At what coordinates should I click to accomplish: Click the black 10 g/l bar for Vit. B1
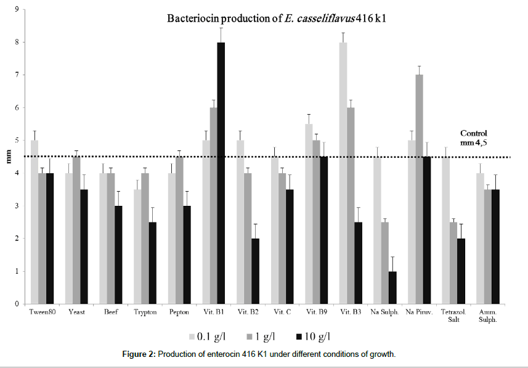click(x=220, y=173)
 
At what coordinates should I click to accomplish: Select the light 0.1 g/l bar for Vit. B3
click(x=344, y=173)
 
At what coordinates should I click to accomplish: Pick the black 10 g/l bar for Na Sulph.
click(x=392, y=287)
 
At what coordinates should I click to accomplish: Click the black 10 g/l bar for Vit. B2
click(x=254, y=271)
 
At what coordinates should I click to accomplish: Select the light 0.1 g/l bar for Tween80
click(x=35, y=222)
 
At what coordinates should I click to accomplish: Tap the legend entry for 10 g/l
click(x=318, y=337)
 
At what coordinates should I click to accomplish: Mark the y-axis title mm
click(x=8, y=157)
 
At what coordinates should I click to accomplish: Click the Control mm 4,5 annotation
click(x=474, y=137)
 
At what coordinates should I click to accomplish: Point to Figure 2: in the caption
click(x=174, y=353)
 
